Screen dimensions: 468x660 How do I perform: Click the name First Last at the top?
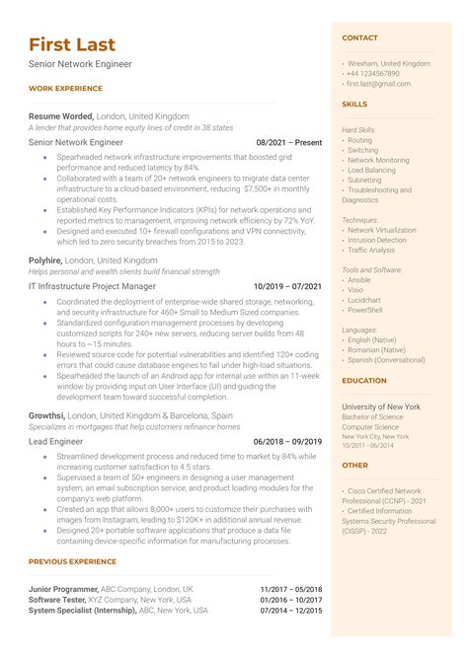[72, 44]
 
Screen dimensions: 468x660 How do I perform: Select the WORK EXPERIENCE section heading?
[64, 89]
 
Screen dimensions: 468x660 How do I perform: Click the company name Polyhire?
[47, 260]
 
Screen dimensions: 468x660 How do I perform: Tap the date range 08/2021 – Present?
[289, 142]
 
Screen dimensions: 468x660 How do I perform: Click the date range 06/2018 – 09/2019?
[287, 442]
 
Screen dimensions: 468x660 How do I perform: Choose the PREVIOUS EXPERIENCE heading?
[72, 562]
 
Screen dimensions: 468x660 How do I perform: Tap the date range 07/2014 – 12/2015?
[291, 611]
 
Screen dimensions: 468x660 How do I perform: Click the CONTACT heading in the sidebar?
[359, 37]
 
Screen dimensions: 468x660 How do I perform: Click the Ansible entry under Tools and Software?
[360, 279]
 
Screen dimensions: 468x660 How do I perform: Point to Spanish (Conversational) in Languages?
[387, 360]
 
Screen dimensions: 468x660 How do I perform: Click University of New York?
[381, 406]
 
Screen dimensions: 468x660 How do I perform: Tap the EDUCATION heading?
[363, 381]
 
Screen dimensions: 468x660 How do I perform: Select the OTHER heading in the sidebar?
[354, 465]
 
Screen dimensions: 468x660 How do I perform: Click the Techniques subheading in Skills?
[360, 219]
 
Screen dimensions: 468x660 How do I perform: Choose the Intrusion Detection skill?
[377, 240]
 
